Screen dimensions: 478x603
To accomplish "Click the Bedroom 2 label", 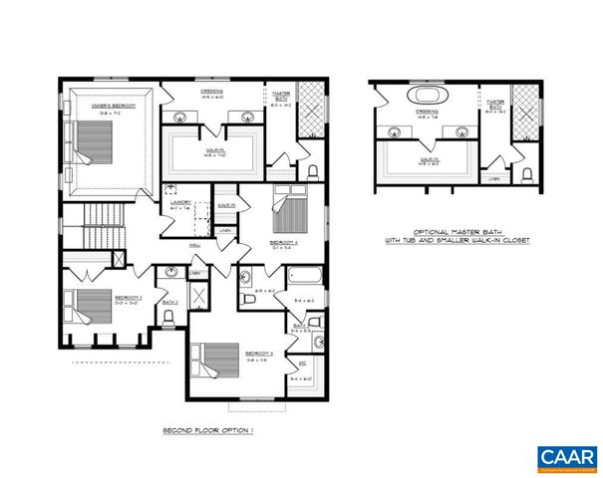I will (x=102, y=297).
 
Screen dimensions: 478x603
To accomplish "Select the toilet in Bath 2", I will (x=169, y=317).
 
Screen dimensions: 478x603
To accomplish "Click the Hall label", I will (x=194, y=242).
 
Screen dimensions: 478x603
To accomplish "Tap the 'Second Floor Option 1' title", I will (x=208, y=430).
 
